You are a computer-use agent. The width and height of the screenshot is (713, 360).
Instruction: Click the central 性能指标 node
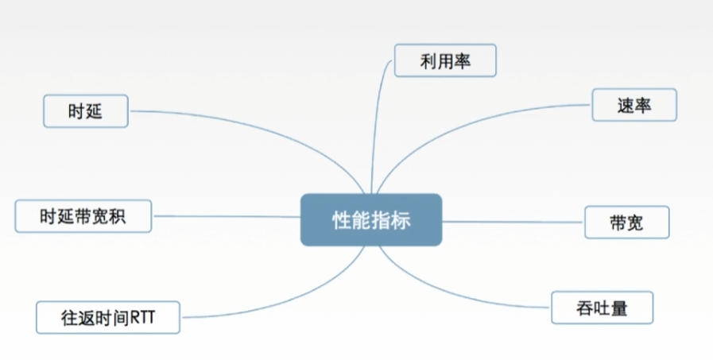click(370, 219)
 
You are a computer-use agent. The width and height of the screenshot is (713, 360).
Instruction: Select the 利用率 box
click(445, 60)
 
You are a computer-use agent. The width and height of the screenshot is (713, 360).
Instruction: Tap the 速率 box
click(634, 105)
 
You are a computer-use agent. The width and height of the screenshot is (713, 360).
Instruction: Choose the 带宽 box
click(626, 223)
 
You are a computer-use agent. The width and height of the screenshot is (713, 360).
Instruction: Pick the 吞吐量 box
click(602, 308)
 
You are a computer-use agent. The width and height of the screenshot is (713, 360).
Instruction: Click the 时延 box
click(85, 111)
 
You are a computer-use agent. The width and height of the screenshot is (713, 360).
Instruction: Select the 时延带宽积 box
click(83, 215)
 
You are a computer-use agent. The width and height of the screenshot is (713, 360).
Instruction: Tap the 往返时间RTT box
click(108, 316)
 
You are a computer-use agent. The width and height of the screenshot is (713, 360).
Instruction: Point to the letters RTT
click(144, 317)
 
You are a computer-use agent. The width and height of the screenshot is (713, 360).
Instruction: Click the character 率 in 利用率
click(463, 60)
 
